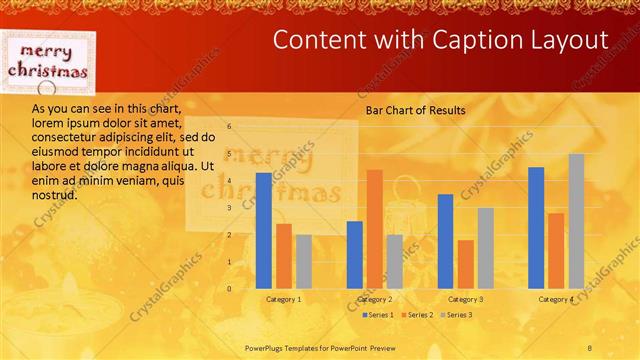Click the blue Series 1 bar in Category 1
(x=263, y=231)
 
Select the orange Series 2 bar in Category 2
(x=374, y=229)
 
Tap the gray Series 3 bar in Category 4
(x=576, y=221)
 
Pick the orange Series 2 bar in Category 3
(x=465, y=264)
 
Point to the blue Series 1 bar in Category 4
(x=536, y=228)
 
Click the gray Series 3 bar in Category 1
(x=303, y=261)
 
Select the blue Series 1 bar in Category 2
(x=354, y=255)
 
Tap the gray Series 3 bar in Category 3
(x=485, y=248)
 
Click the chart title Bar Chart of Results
(x=415, y=111)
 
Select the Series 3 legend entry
(x=458, y=315)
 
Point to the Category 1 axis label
(x=284, y=299)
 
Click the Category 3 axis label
(x=465, y=299)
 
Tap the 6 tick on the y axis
(x=229, y=127)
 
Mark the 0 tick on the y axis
(x=229, y=289)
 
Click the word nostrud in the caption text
(x=54, y=195)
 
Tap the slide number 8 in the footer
(x=590, y=346)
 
